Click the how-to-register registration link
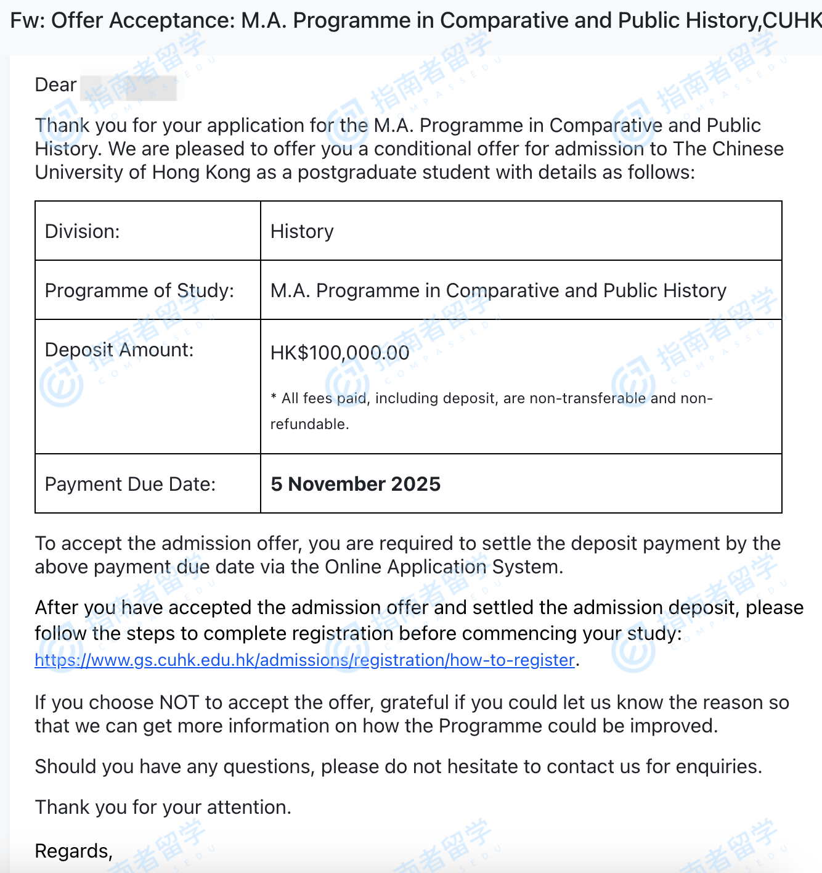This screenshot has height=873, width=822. pyautogui.click(x=304, y=660)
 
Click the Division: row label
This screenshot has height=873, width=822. pyautogui.click(x=83, y=231)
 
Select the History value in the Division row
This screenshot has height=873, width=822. pyautogui.click(x=302, y=231)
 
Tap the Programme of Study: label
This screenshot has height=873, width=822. pyautogui.click(x=139, y=290)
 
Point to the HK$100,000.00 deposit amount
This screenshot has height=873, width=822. pyautogui.click(x=340, y=353)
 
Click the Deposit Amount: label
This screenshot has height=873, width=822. pyautogui.click(x=119, y=350)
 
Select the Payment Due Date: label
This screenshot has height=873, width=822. pyautogui.click(x=130, y=484)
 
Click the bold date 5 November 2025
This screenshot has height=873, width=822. pyautogui.click(x=356, y=484)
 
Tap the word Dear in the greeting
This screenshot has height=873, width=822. pyautogui.click(x=55, y=84)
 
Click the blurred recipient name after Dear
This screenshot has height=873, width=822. pyautogui.click(x=128, y=86)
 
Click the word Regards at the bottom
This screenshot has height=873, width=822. pyautogui.click(x=73, y=851)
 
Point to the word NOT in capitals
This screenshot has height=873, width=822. pyautogui.click(x=179, y=702)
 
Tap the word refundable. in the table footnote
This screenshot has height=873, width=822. pyautogui.click(x=309, y=424)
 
